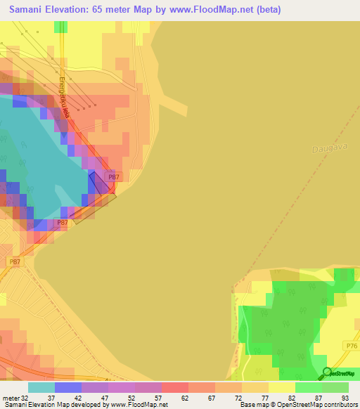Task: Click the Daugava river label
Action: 323,149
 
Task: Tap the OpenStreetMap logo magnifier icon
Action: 327,373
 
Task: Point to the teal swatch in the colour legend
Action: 41,387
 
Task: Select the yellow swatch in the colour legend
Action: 281,387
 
